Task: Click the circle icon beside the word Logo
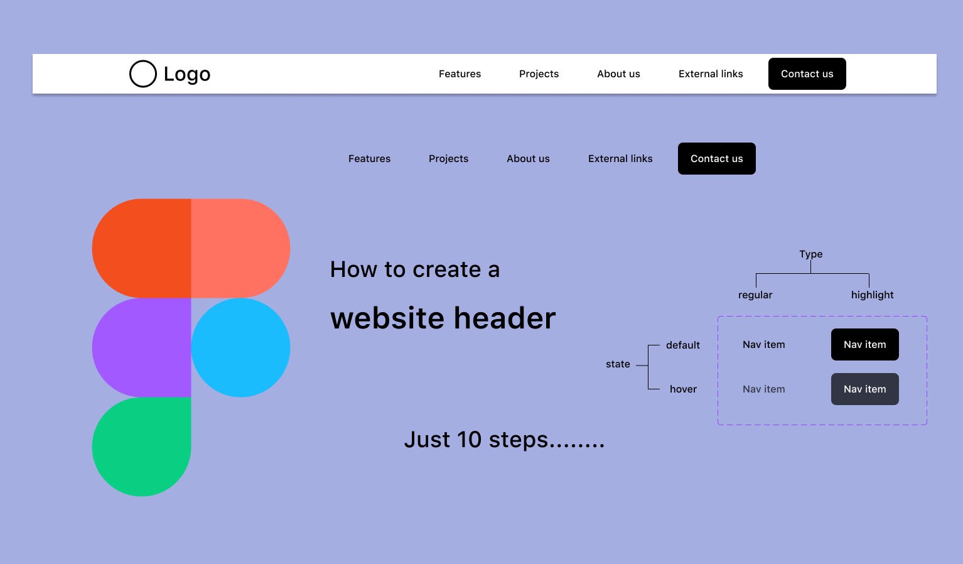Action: pyautogui.click(x=143, y=73)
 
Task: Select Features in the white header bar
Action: pyautogui.click(x=460, y=73)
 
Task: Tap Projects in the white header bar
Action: pyautogui.click(x=539, y=73)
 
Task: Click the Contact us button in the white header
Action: pyautogui.click(x=807, y=73)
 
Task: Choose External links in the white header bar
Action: pyautogui.click(x=711, y=73)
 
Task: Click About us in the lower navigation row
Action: pyautogui.click(x=528, y=158)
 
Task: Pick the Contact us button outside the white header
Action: pyautogui.click(x=716, y=158)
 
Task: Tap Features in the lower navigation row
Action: pyautogui.click(x=369, y=158)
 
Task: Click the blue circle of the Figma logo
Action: pyautogui.click(x=240, y=347)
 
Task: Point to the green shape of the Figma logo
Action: pyautogui.click(x=141, y=447)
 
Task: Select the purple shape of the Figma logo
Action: pyautogui.click(x=141, y=347)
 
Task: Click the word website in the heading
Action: pyautogui.click(x=387, y=318)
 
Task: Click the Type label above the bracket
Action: pyautogui.click(x=810, y=254)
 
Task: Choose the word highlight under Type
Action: pyautogui.click(x=872, y=295)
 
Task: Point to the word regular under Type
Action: pyautogui.click(x=755, y=295)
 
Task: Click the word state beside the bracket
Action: pyautogui.click(x=618, y=364)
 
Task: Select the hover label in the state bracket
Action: pyautogui.click(x=683, y=389)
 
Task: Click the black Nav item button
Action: pyautogui.click(x=864, y=344)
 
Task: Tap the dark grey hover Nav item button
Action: pyautogui.click(x=864, y=389)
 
